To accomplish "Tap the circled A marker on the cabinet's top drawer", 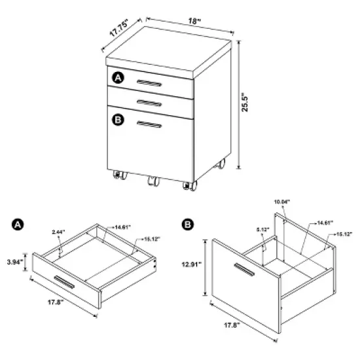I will point(118,78).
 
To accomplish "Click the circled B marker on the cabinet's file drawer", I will point(118,120).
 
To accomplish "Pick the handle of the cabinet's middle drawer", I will point(150,103).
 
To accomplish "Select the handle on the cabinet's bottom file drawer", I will point(150,124).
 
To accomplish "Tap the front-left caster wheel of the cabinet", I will point(119,175).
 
